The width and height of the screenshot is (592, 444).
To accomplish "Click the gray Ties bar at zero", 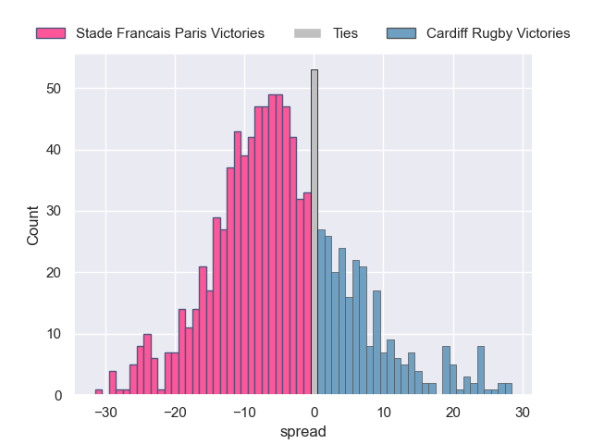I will (314, 232).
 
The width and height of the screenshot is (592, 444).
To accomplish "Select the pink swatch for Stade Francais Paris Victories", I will (51, 33).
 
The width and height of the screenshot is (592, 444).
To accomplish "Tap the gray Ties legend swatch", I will (307, 33).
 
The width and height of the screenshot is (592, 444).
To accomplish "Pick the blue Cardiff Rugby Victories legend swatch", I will (401, 33).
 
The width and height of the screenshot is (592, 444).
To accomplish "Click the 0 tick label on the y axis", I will (57, 396).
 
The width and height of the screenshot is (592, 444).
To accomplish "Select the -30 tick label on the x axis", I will (105, 413).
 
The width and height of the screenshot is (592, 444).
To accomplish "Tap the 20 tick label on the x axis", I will (453, 413).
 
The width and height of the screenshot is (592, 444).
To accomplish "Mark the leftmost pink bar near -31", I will (99, 392).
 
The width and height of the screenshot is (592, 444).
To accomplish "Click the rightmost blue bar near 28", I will (509, 389).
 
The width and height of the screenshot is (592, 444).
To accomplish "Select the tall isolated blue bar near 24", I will (481, 371).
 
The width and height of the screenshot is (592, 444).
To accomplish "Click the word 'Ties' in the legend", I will (345, 33).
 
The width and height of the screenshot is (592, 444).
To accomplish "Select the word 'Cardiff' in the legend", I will (449, 33).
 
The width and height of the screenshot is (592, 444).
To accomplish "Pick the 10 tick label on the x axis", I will (384, 413).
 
